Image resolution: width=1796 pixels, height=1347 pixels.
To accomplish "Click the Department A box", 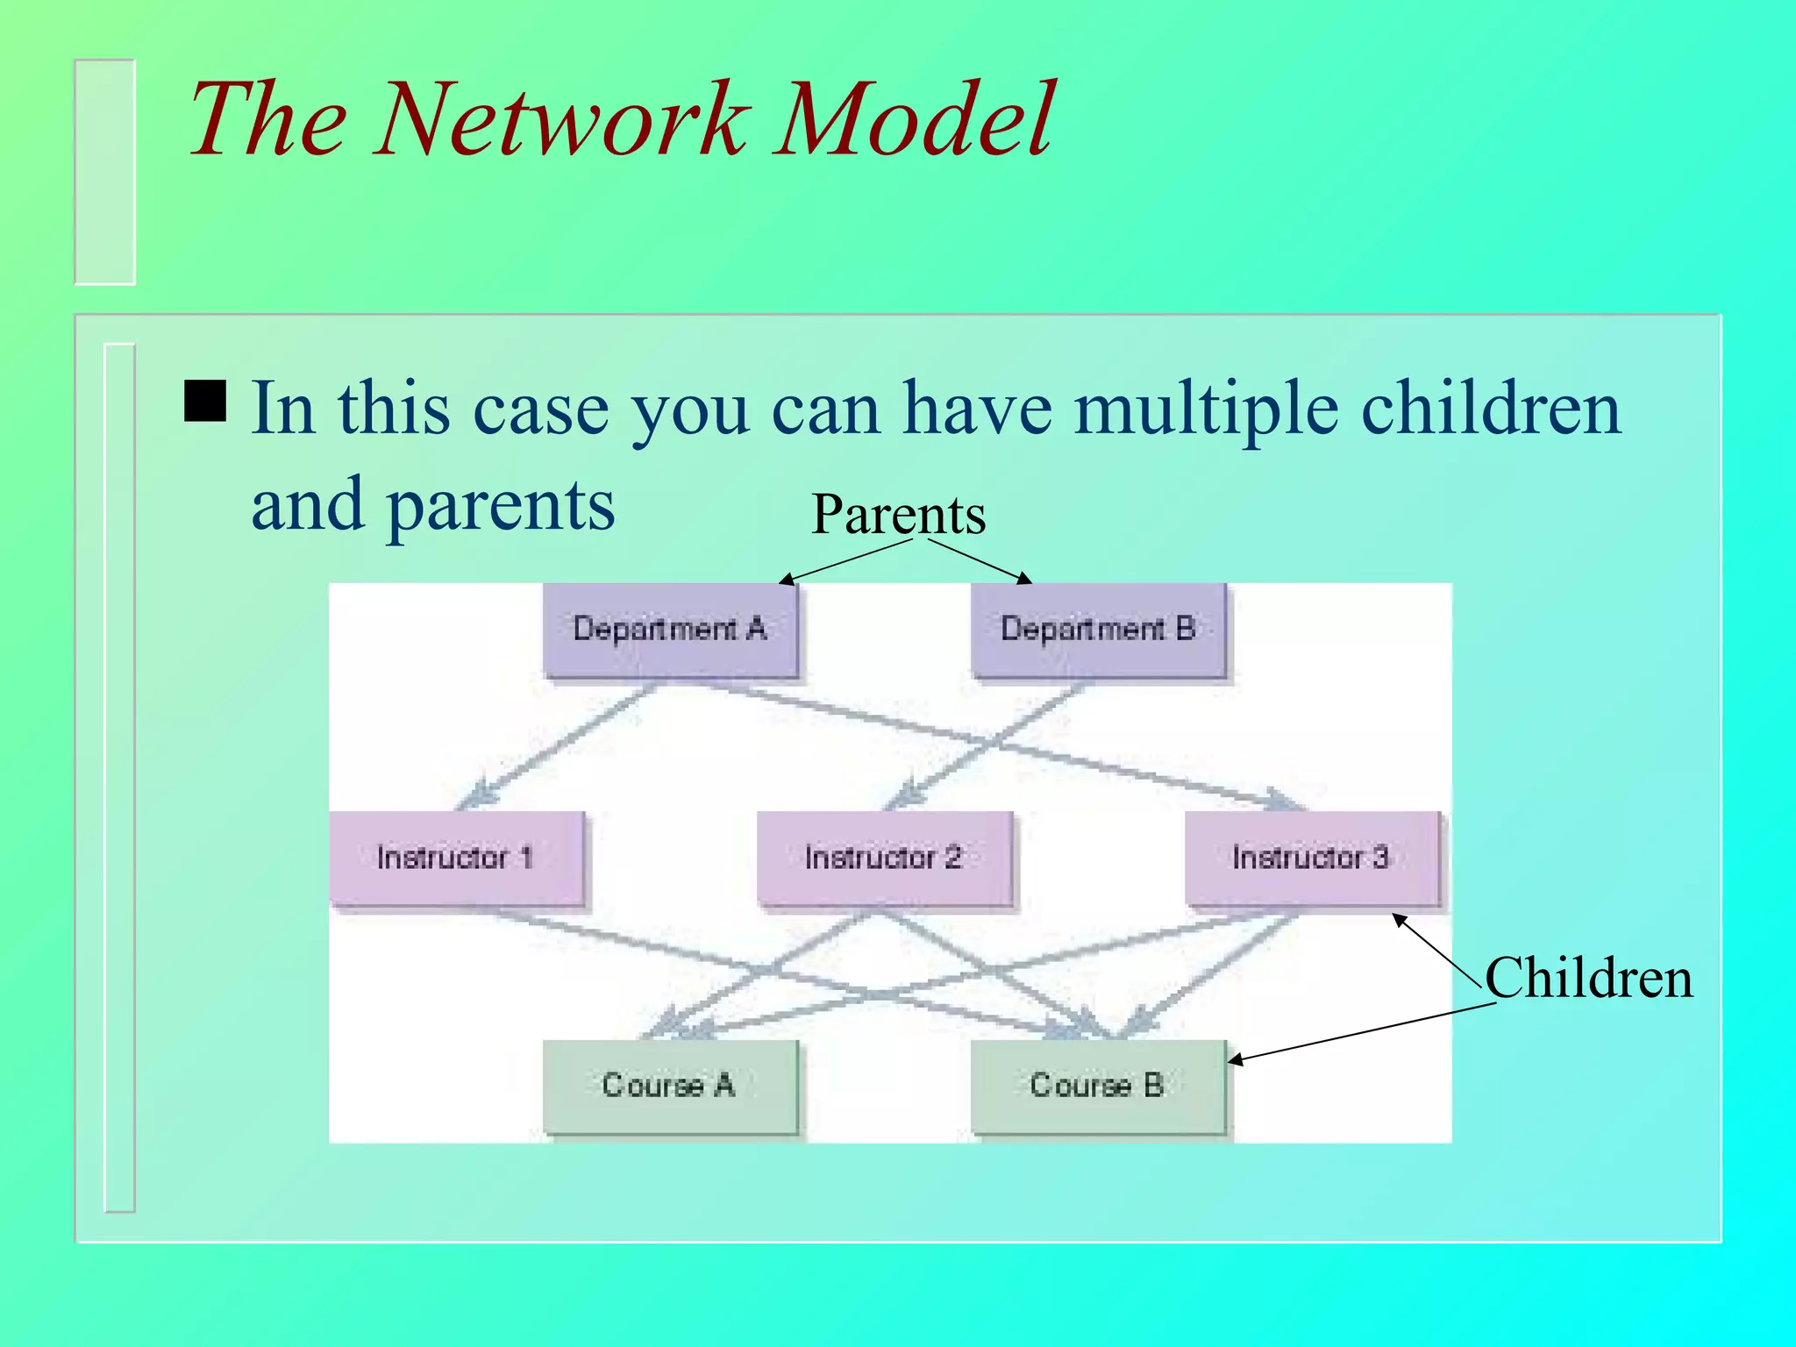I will (x=670, y=629).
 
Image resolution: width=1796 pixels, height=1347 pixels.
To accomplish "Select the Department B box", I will (x=1098, y=629).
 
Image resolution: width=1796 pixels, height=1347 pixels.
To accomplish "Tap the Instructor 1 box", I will (x=455, y=857).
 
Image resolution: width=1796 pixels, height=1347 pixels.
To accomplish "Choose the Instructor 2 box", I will (x=884, y=857).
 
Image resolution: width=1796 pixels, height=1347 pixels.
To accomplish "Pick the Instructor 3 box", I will (x=1311, y=857).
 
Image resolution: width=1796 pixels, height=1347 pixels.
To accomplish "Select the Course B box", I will (x=1098, y=1086).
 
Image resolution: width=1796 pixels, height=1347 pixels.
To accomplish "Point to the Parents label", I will (x=898, y=514).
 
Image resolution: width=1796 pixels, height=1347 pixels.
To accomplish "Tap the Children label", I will (x=1588, y=978).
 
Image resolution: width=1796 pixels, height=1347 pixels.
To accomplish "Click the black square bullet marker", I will (x=205, y=401).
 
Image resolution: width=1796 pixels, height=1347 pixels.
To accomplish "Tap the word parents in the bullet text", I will (x=501, y=506).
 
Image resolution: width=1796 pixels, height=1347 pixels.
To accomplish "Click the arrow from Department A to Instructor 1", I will (x=561, y=745).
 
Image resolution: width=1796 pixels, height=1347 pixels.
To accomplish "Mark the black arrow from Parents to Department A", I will (x=846, y=561).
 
